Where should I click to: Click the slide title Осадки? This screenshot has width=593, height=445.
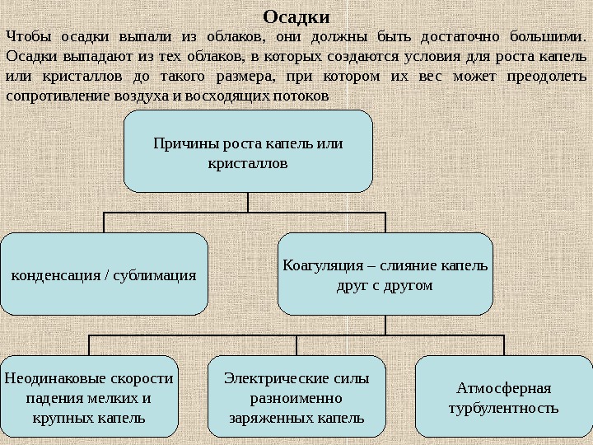click(x=296, y=16)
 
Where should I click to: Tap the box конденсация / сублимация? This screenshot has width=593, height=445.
click(x=103, y=274)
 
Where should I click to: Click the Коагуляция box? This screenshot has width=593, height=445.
click(x=385, y=274)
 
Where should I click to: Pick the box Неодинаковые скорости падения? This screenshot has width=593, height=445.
click(x=89, y=396)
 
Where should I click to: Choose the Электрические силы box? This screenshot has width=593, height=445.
click(x=296, y=396)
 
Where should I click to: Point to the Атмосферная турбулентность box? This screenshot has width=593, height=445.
click(x=503, y=396)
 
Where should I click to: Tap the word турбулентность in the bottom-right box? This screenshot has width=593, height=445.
click(x=503, y=408)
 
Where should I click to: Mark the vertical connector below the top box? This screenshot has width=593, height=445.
click(x=248, y=203)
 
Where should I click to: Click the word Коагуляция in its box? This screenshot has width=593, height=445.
click(x=319, y=265)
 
